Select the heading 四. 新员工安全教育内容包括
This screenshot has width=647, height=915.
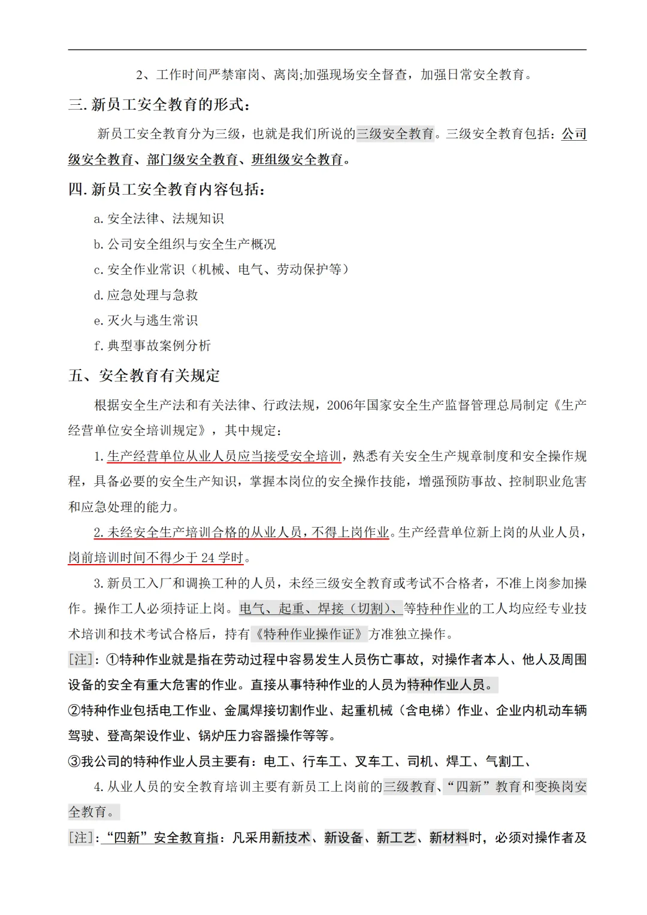coord(167,190)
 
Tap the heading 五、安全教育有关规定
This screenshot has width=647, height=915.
coord(144,376)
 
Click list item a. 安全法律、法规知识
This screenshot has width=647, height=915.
coord(159,219)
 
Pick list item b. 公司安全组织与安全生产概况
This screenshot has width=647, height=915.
coord(185,244)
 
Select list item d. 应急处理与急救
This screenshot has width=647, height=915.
coord(146,295)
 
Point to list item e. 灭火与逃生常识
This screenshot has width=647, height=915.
coord(146,321)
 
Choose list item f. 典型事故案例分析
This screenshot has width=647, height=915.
coord(152,346)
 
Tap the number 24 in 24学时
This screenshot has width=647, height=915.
coord(208,558)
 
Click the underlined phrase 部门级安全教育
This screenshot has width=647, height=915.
coord(192,160)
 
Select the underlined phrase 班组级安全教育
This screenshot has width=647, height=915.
coord(297,160)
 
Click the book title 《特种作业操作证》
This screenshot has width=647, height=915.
coord(309,634)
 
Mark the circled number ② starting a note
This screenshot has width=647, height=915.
coord(74,711)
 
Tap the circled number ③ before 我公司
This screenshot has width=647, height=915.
coord(74,762)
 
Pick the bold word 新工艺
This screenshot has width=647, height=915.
coord(396,838)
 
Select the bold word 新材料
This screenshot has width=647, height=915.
coord(449,838)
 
